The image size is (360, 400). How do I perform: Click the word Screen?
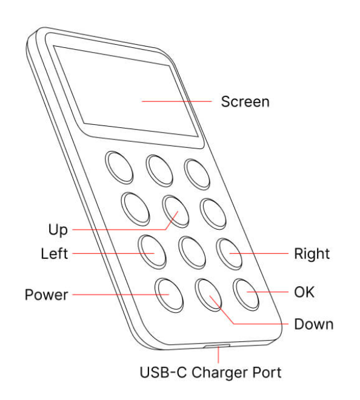click(x=245, y=102)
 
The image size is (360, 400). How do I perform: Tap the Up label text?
click(x=58, y=230)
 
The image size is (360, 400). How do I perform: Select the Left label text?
click(x=55, y=253)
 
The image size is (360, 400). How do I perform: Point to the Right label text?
click(x=312, y=255)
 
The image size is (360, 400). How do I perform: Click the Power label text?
click(x=47, y=295)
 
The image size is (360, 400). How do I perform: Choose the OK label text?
click(x=304, y=292)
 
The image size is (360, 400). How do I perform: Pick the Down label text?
click(x=314, y=324)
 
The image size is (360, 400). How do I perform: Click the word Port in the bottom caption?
click(x=267, y=372)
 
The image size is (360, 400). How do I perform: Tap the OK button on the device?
click(x=246, y=295)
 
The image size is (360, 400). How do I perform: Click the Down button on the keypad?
click(x=208, y=295)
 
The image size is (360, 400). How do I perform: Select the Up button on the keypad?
click(x=176, y=212)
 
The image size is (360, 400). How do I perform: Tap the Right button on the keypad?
click(x=229, y=254)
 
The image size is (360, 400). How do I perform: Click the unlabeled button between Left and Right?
click(x=192, y=253)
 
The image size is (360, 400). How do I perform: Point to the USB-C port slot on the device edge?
click(x=217, y=345)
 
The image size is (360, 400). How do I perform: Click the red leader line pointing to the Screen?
click(x=177, y=101)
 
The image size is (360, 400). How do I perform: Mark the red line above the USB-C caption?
click(x=218, y=355)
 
